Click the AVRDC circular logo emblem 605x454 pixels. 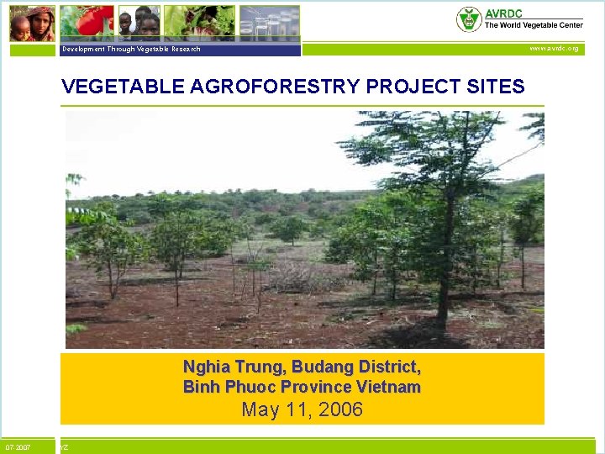pos(468,19)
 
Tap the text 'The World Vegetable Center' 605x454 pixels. pos(533,25)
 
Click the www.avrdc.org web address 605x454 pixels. pos(553,49)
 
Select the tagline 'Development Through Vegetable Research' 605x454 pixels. pos(131,50)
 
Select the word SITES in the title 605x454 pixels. pos(491,87)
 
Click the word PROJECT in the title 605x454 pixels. pos(395,87)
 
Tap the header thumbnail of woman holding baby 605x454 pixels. pos(32,24)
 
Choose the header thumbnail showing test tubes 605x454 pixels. pos(269,24)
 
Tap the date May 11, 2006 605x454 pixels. pos(302,410)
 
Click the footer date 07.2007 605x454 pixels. pos(18,447)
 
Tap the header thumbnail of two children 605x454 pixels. pos(139,24)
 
